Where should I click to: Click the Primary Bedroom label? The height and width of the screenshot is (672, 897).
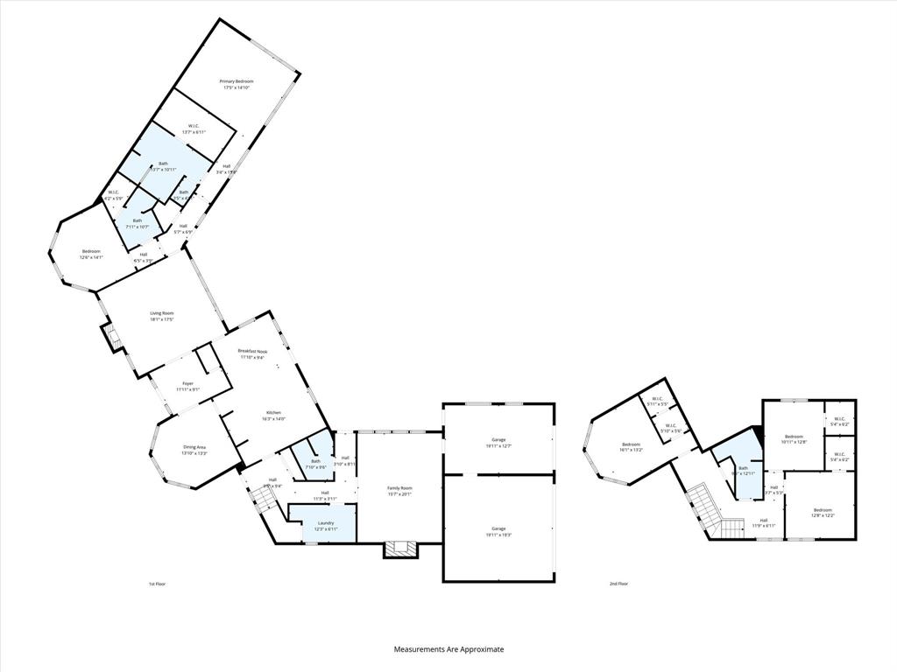coord(237,84)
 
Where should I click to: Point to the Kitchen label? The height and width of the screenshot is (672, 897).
coord(273,415)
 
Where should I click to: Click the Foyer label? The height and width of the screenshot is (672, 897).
coord(187,386)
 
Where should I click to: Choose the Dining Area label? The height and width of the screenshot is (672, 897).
coord(194,450)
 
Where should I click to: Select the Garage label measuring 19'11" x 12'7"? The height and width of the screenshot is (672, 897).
coord(498,442)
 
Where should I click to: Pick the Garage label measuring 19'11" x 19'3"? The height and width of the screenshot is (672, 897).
coord(498,531)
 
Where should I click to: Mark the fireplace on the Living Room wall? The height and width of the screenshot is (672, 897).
coord(110,335)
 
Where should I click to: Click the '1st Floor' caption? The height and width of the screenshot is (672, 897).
coord(157,584)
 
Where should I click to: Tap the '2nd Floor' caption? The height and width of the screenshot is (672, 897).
coord(619,584)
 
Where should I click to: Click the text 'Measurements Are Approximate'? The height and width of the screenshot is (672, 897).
coord(448,649)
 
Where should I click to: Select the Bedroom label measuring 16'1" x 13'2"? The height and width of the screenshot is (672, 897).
coord(632,446)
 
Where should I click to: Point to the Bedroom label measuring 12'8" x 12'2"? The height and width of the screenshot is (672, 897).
coord(823,512)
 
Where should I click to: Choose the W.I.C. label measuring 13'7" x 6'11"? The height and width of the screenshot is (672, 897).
coord(194,129)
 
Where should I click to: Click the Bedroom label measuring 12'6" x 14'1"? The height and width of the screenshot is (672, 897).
coord(91,255)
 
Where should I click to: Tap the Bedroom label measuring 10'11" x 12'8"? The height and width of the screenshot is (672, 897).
coord(794,438)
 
